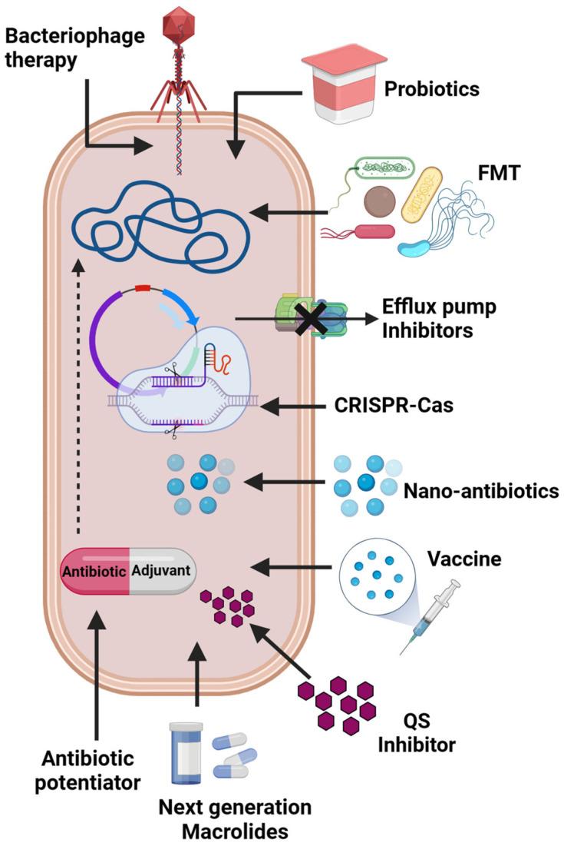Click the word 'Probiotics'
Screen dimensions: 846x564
[x=432, y=88]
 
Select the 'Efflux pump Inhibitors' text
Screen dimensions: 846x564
[x=439, y=317]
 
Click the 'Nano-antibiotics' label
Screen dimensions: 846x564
[x=480, y=489]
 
